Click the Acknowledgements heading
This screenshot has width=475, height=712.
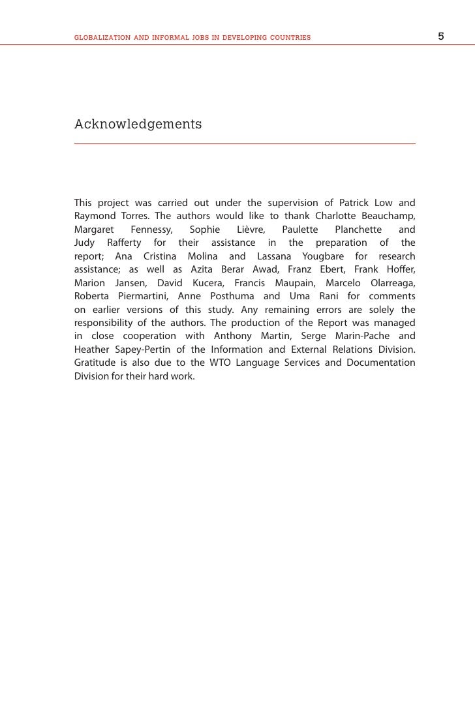tap(138, 124)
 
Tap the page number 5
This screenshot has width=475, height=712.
tap(441, 37)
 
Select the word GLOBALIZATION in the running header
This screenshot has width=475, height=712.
tap(102, 38)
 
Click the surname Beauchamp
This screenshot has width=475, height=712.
tap(386, 216)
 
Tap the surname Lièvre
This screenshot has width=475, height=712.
tap(250, 230)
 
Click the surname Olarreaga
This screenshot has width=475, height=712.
tap(389, 284)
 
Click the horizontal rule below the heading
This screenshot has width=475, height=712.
tap(245, 143)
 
